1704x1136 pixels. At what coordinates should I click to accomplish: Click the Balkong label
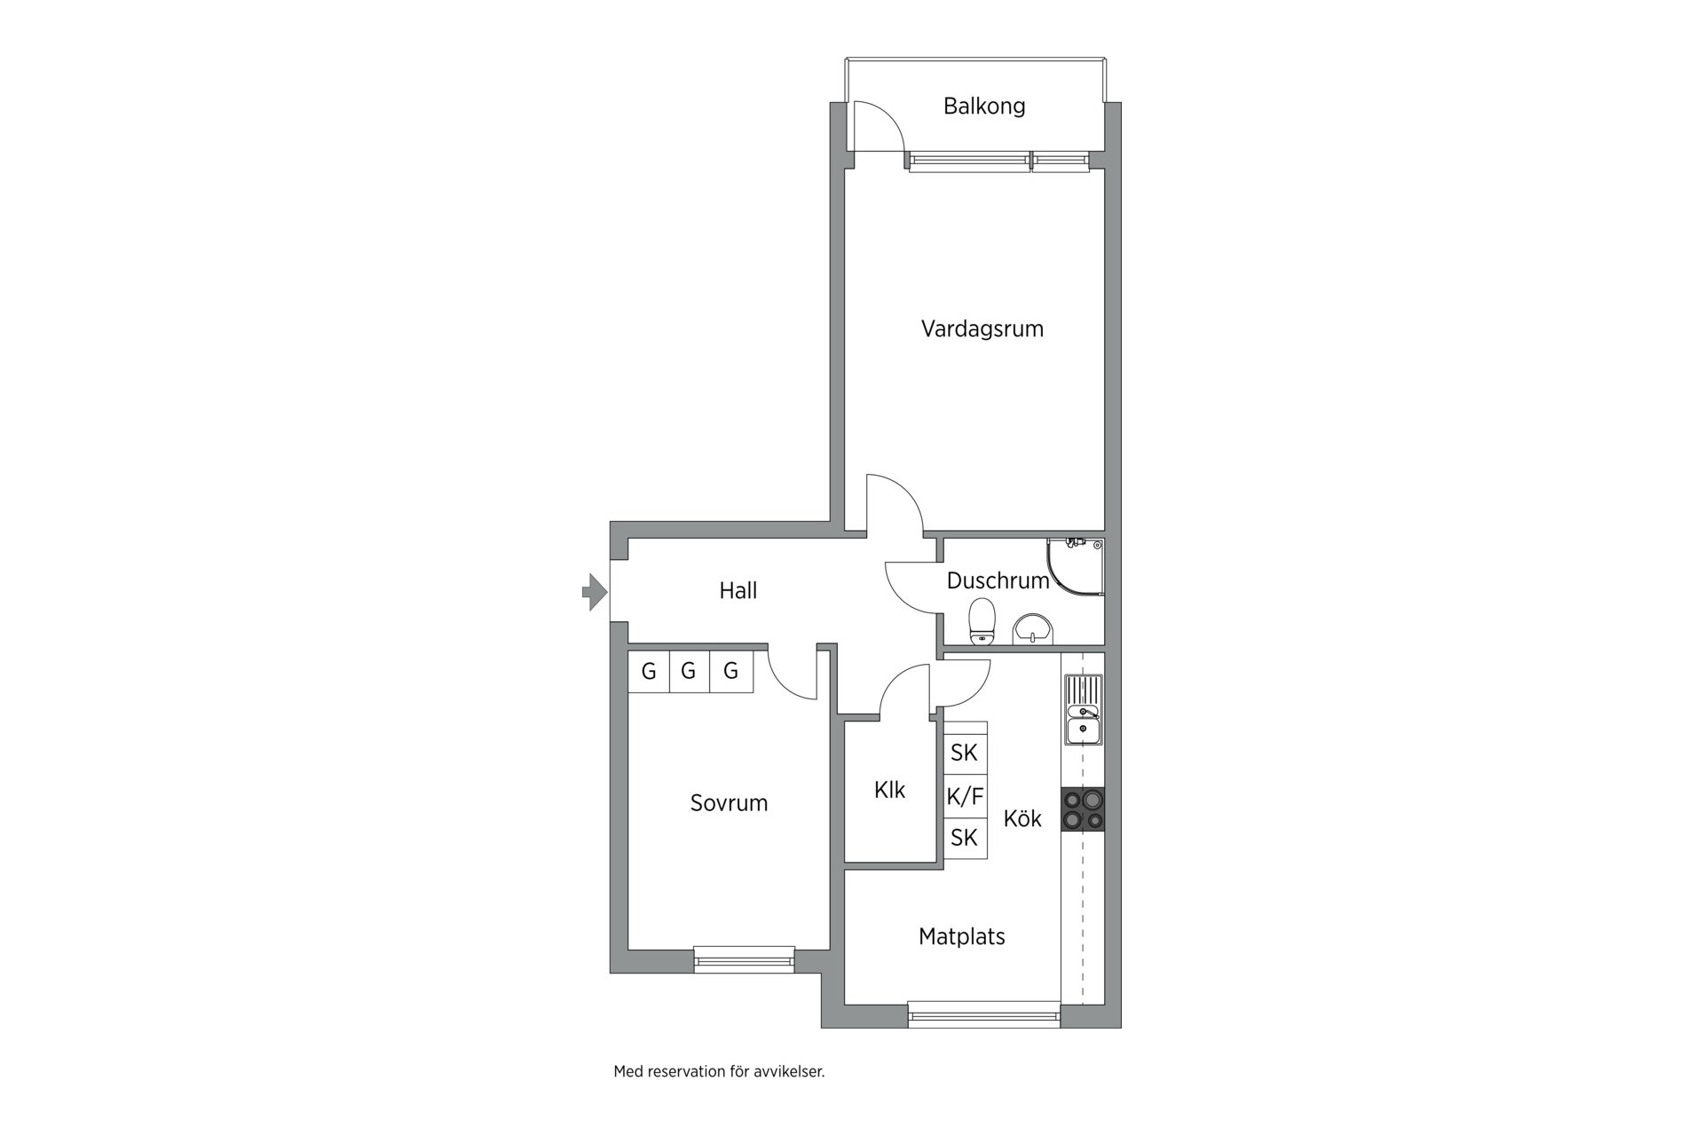coord(984,106)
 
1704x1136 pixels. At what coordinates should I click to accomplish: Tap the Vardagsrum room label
coord(982,329)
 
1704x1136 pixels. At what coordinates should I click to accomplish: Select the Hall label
coord(738,590)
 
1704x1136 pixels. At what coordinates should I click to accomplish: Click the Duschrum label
coord(998,580)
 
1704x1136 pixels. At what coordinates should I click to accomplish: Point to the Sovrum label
coord(729,803)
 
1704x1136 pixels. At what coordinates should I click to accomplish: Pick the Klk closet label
coord(889,790)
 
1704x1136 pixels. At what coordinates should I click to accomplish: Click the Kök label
coord(1022,818)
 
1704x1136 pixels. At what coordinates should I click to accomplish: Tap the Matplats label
coord(962,936)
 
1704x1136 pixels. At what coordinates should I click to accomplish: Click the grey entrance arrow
coord(595,592)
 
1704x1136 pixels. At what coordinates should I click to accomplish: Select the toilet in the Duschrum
coord(982,620)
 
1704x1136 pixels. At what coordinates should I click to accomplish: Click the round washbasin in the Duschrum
coord(1033,628)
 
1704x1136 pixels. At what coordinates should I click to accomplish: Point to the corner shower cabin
coord(1076,566)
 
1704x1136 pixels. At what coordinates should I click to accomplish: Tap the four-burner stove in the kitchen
coord(1084,809)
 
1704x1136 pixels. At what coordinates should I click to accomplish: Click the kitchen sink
coord(1084,709)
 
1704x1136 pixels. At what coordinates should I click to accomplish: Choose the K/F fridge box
coord(965,796)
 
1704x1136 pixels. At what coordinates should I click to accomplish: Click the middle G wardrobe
coord(689,671)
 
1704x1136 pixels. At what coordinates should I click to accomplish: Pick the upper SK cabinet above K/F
coord(965,753)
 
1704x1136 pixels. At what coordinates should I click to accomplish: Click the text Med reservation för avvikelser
coord(719,1071)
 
